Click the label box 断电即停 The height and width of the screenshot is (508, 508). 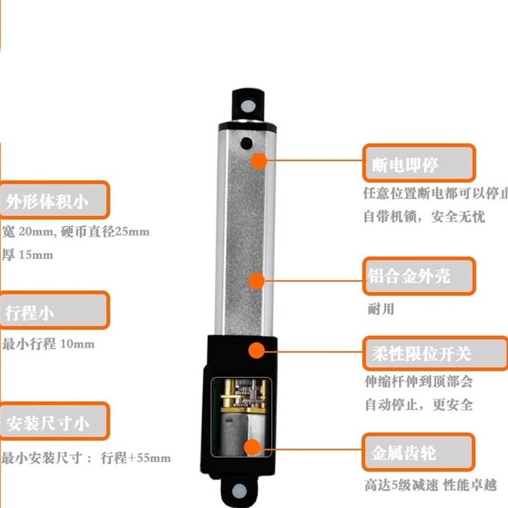pos(418,163)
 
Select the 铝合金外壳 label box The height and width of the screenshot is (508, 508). pos(418,276)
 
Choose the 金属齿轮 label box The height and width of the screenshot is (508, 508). pos(418,453)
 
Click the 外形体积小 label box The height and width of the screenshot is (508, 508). pos(53,201)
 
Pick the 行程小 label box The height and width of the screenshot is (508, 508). pos(53,311)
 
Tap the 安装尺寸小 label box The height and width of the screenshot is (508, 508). pos(53,422)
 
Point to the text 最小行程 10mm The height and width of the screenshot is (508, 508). pos(48,344)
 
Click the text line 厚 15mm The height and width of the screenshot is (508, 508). pos(28,255)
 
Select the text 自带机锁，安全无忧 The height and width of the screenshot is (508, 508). pos(424,217)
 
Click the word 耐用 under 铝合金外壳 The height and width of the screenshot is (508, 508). pos(381,309)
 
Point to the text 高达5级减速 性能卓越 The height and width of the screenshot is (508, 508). pos(431,485)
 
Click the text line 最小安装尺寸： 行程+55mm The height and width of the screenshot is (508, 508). pos(86,458)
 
